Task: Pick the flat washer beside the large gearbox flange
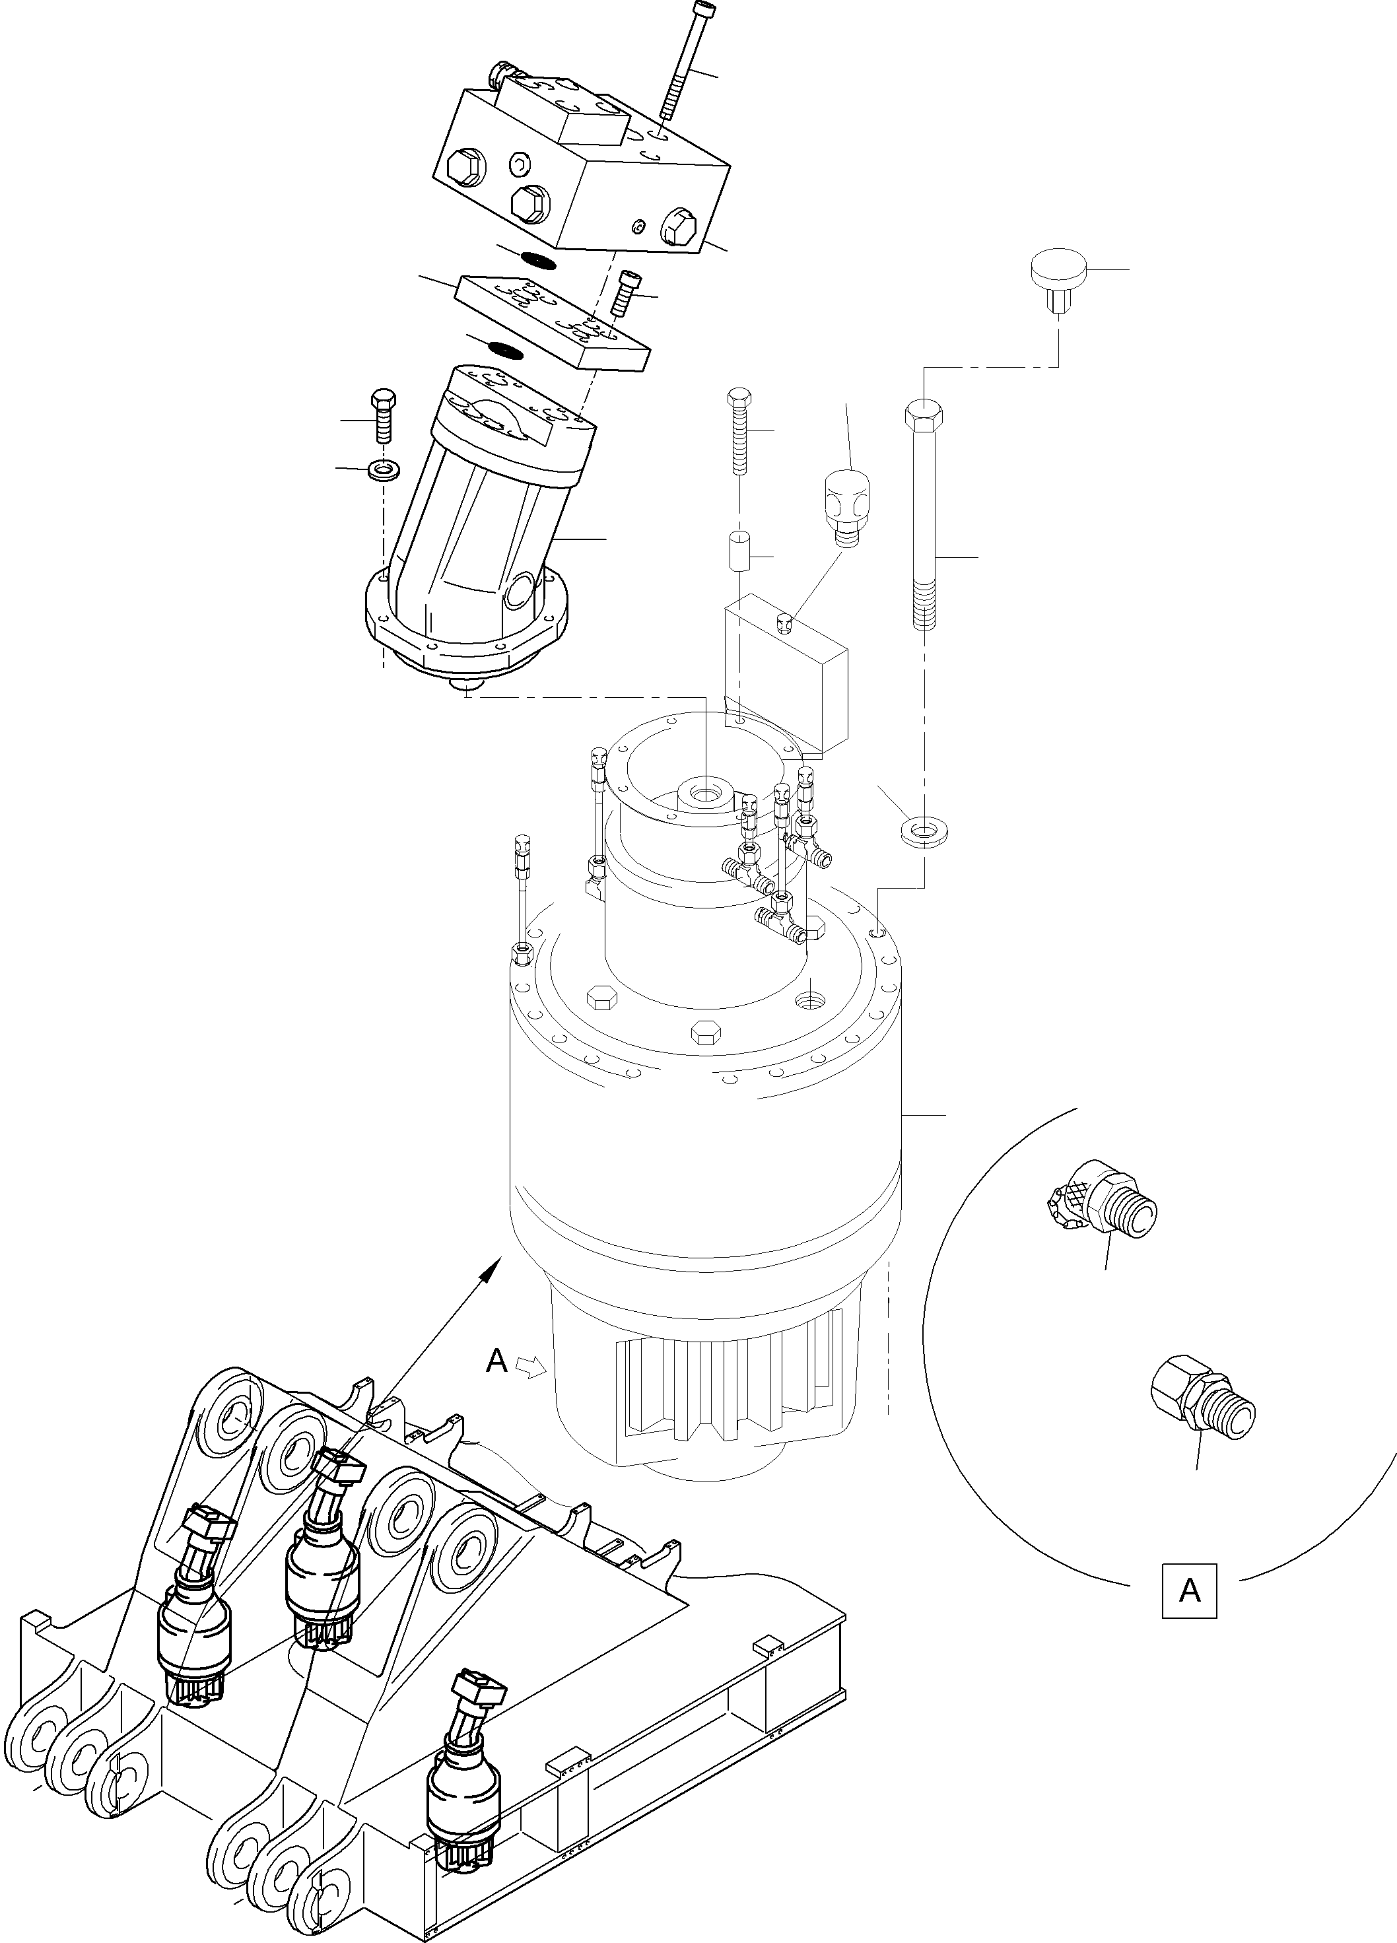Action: pyautogui.click(x=924, y=830)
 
